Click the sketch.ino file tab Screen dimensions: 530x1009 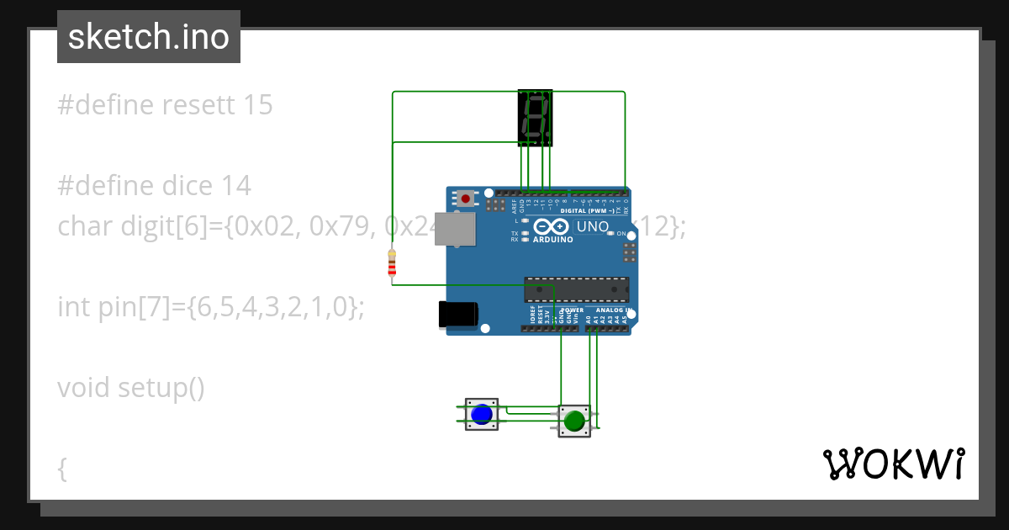point(149,37)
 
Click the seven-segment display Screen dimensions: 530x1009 point(535,117)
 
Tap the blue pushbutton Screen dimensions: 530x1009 point(481,415)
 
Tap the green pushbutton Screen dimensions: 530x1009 point(574,421)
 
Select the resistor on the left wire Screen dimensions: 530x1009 point(391,263)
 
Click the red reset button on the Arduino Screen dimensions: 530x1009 point(465,199)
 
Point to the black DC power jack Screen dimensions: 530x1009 point(457,315)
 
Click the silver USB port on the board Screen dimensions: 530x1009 point(452,229)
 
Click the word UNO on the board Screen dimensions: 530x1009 point(592,226)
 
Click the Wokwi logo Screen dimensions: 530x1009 point(893,464)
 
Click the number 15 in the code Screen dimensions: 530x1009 point(256,105)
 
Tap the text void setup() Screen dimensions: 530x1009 point(131,388)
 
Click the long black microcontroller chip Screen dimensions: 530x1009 point(576,289)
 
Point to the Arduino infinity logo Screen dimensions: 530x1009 point(551,226)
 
